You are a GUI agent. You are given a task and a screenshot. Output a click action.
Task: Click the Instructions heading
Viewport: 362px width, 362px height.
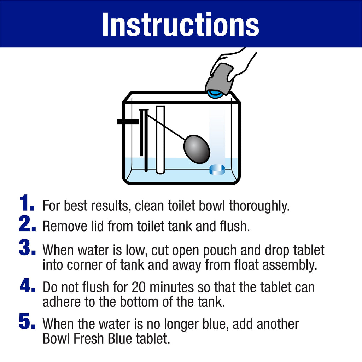pos(181,24)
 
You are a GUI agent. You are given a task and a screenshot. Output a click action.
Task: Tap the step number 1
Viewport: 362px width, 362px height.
pos(27,204)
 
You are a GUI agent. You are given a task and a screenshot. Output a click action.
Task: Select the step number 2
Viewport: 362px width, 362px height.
pos(27,225)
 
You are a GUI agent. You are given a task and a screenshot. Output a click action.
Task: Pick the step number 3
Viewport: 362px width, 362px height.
pos(27,249)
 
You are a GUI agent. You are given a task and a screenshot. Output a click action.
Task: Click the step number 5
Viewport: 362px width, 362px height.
pos(27,323)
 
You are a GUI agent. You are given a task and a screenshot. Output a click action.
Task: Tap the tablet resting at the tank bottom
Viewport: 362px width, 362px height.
pos(217,170)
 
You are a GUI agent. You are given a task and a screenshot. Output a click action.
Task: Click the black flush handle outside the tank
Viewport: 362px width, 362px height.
pos(127,122)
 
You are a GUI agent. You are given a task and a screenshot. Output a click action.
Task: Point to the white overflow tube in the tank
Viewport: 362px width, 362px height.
pos(160,140)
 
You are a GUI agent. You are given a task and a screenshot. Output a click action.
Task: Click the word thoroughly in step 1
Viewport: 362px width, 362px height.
pos(259,205)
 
